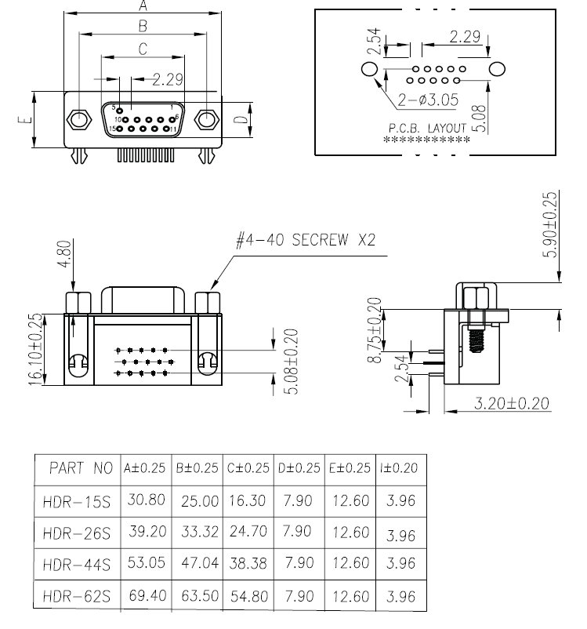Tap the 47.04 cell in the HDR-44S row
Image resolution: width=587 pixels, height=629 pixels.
[x=197, y=563]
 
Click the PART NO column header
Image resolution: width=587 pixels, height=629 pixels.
[x=81, y=469]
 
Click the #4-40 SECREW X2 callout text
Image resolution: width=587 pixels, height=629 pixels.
[x=305, y=240]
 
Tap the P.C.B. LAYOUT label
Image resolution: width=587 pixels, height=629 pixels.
[x=427, y=127]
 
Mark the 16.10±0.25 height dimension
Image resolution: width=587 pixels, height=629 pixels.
[x=36, y=349]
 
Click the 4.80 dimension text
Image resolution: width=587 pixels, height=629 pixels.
[x=64, y=255]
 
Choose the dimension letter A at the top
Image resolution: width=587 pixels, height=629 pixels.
[x=143, y=6]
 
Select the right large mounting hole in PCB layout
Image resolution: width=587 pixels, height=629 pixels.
[x=496, y=70]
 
